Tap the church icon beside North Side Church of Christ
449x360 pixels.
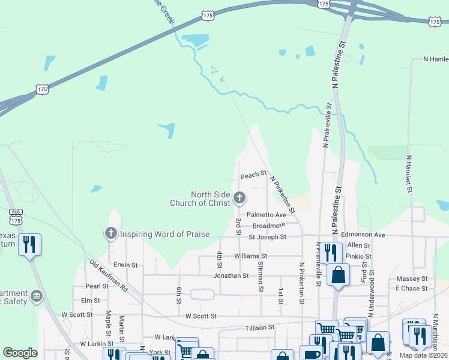(240, 197)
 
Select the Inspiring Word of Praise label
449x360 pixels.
(165, 234)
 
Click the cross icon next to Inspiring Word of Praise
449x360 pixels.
(110, 233)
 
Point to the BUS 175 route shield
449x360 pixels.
(16, 217)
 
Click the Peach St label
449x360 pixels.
(253, 175)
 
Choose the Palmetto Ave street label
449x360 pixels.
(267, 214)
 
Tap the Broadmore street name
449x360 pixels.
(268, 226)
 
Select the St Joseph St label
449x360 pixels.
(267, 237)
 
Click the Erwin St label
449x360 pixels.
(126, 264)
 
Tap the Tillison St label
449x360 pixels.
(259, 328)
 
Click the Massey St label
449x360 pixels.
(411, 278)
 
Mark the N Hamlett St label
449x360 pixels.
(409, 173)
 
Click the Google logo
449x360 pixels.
(20, 353)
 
